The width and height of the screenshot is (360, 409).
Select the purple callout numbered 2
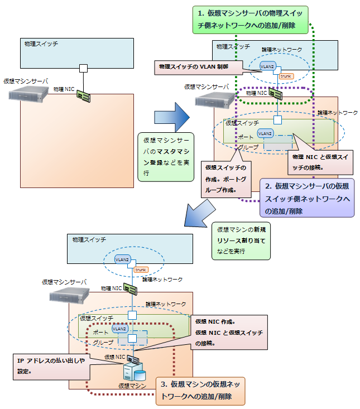point(307,198)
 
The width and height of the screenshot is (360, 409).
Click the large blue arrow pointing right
point(172,117)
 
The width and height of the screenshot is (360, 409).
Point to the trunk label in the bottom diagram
point(140,270)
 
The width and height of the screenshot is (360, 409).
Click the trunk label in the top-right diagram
point(285,76)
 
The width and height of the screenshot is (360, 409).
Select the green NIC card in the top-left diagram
point(84,95)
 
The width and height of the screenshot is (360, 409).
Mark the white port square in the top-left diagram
point(83,69)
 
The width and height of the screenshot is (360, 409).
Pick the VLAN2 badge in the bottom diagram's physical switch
point(122,259)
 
